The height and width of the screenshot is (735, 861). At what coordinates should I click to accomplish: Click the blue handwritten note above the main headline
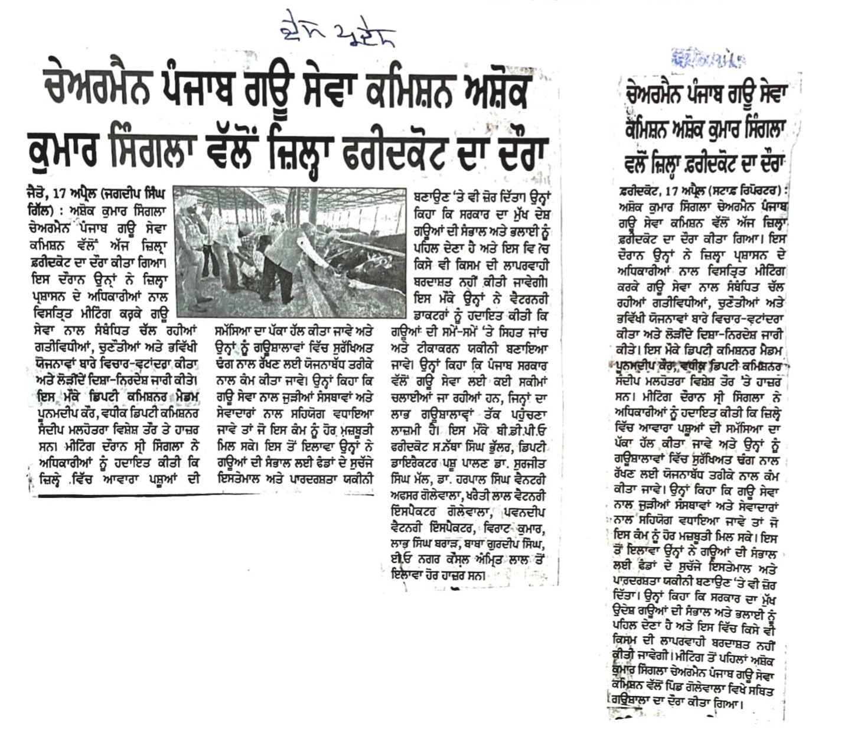pos(337,31)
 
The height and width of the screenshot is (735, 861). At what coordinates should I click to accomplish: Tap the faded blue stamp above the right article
pos(708,58)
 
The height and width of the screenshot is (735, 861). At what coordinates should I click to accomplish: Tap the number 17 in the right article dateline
pos(671,192)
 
